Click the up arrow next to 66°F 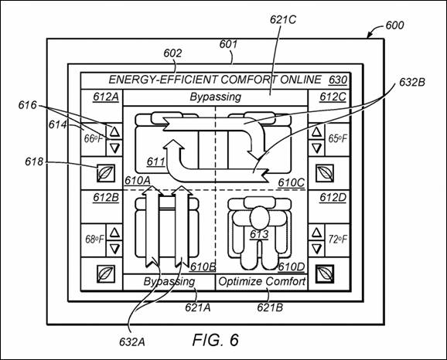[114, 131]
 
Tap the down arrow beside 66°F [114, 148]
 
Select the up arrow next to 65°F [316, 131]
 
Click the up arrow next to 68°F [114, 233]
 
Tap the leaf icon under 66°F [106, 173]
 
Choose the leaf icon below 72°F [325, 274]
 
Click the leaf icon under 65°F [325, 173]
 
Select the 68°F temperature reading [94, 239]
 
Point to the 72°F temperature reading [337, 239]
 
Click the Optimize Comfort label [261, 282]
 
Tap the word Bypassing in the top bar [216, 97]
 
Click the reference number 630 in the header [338, 80]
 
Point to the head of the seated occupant [259, 218]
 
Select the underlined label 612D [333, 197]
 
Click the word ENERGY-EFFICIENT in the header [162, 80]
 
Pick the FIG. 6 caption [216, 340]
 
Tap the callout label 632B [412, 83]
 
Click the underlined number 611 [155, 161]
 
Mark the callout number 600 [394, 25]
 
